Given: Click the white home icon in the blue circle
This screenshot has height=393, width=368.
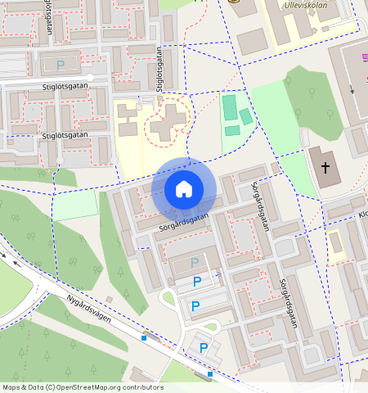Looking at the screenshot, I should coord(184,190).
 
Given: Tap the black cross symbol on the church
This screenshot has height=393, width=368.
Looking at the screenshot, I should coord(325,169).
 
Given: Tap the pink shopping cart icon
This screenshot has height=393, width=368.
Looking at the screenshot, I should coord(364,58).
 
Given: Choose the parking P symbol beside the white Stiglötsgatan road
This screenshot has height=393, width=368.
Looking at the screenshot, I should coord(60,65).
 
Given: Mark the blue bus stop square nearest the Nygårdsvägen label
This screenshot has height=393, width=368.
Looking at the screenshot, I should coord(144,337).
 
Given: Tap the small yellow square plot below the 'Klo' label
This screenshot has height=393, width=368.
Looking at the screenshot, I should coord(335,243).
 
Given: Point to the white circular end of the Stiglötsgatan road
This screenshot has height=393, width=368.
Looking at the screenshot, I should coord(90,77).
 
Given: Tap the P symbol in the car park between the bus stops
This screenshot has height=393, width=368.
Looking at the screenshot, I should coord(203,347).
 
